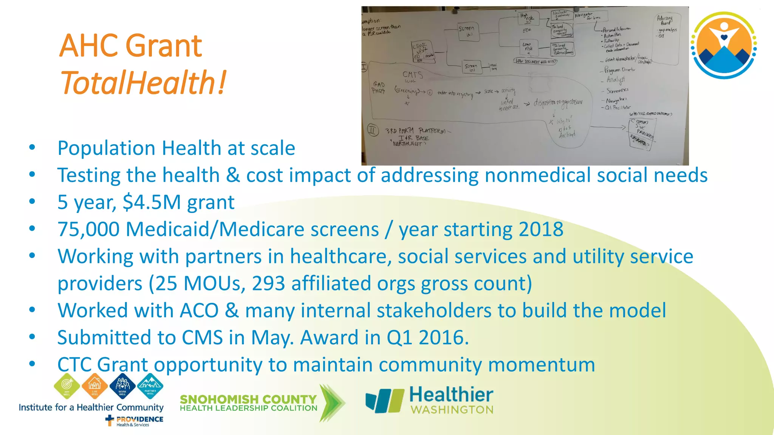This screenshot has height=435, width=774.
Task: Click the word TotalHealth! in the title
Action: click(143, 82)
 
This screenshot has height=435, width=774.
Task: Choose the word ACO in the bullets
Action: click(199, 310)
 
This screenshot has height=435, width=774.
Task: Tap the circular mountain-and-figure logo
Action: click(723, 45)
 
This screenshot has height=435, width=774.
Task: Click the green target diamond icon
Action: click(67, 386)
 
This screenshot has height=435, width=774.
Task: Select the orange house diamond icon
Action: click(94, 386)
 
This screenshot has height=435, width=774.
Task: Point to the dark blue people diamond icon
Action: click(122, 386)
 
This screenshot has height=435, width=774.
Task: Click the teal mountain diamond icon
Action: click(150, 386)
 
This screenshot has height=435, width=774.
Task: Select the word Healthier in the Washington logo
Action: click(451, 395)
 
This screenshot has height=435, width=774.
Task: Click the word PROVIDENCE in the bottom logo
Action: click(139, 419)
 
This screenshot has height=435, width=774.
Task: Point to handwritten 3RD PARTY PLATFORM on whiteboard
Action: click(415, 131)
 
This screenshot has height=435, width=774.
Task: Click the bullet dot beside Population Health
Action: click(32, 148)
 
